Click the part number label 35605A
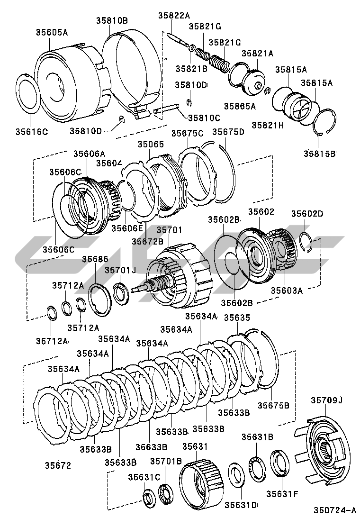52,32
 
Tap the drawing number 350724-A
333,510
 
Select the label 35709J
326,400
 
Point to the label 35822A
174,16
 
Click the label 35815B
320,154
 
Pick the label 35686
95,259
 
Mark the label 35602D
307,214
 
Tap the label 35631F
282,493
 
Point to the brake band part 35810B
135,71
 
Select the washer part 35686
100,299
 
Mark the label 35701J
120,270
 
